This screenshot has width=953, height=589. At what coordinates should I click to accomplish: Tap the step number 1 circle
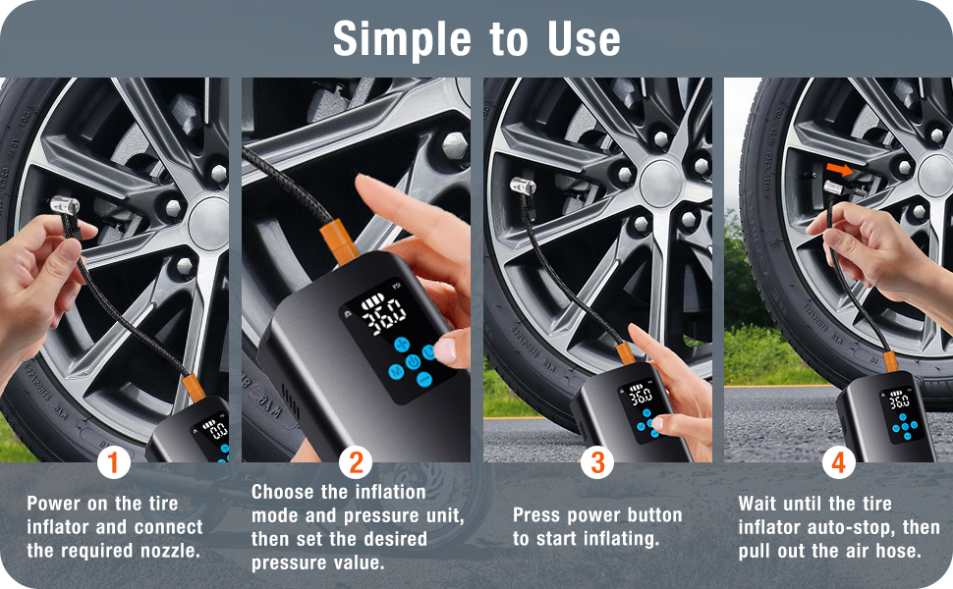coord(114,461)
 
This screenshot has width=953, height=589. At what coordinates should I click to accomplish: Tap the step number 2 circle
coord(356,461)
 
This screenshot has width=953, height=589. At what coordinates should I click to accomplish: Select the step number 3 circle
coord(596,461)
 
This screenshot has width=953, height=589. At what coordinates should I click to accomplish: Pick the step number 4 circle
coord(838,461)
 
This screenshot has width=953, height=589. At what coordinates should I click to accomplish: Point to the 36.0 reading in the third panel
coord(641,398)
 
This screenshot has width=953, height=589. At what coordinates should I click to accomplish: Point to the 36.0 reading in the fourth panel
coord(899,402)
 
